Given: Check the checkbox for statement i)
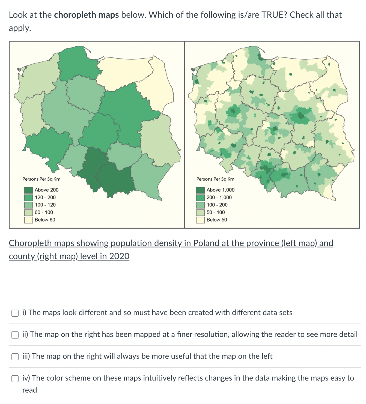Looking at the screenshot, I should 15,313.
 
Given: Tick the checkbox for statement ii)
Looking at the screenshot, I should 15,335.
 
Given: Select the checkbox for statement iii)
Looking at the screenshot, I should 15,357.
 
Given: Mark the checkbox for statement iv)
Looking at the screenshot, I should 15,378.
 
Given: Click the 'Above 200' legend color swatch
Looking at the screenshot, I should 29,190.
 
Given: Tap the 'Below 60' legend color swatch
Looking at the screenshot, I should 29,220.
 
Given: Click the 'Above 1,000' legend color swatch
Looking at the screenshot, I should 200,190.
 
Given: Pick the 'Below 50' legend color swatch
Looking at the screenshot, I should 200,220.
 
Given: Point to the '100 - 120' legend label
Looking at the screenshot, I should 45,205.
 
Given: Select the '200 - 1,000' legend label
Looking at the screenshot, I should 219,197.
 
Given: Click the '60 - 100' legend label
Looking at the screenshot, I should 44,213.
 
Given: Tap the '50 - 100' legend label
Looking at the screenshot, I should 216,213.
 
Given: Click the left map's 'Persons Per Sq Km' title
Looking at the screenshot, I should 41,179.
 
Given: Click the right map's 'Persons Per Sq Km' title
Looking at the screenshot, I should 215,179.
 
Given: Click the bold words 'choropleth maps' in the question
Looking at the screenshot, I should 86,15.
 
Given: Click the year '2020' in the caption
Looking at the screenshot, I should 119,256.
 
